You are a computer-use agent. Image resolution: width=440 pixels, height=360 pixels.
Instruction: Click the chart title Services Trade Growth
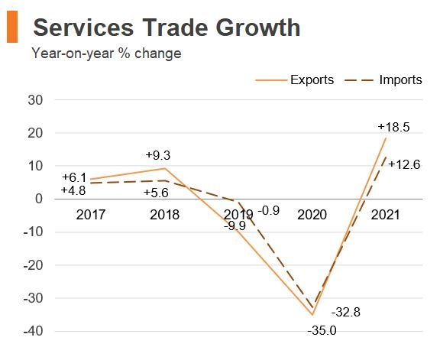(x=167, y=28)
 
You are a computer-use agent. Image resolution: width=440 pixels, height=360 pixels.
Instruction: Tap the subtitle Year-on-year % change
(x=106, y=54)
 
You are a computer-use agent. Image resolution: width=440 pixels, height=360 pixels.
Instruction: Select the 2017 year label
(x=92, y=215)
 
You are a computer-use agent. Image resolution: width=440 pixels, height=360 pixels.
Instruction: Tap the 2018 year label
(x=165, y=215)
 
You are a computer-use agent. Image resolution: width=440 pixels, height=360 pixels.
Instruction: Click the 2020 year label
(x=312, y=215)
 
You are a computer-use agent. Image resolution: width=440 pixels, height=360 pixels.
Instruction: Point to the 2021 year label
(x=385, y=215)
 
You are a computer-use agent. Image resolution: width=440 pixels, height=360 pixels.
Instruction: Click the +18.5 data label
(x=394, y=128)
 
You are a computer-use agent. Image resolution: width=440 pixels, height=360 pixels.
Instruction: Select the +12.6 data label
(x=404, y=164)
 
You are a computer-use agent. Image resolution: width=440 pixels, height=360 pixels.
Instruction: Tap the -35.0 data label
(x=322, y=330)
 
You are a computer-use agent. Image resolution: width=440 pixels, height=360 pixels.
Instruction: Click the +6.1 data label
(x=74, y=177)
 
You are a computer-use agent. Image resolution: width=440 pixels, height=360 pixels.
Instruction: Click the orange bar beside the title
(x=11, y=28)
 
